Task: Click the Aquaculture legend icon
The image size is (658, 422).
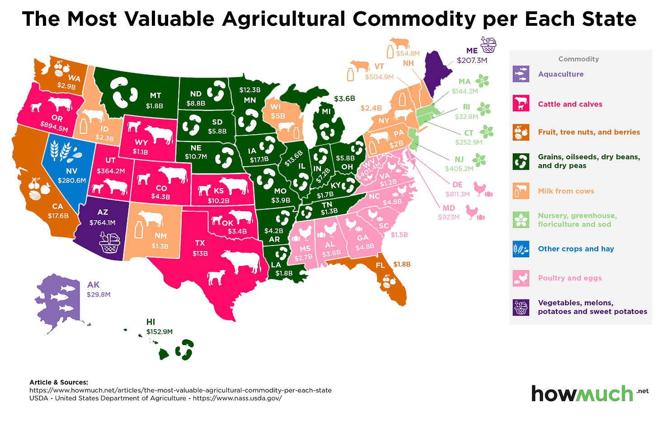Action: pyautogui.click(x=521, y=74)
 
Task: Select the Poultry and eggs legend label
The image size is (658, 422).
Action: pyautogui.click(x=569, y=278)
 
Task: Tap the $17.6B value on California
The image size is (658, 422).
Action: pyautogui.click(x=58, y=216)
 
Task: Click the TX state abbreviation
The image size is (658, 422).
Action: pyautogui.click(x=200, y=243)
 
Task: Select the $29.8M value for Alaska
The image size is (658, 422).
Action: pyautogui.click(x=99, y=294)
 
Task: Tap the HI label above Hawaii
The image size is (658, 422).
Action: pyautogui.click(x=150, y=322)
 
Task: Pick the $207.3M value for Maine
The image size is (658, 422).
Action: pyautogui.click(x=472, y=60)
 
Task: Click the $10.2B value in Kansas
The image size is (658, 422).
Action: pyautogui.click(x=218, y=201)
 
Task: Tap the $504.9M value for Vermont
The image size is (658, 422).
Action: pyautogui.click(x=379, y=77)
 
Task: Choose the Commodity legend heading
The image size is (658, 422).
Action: pyautogui.click(x=578, y=59)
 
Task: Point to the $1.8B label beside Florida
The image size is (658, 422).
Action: pyautogui.click(x=402, y=264)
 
